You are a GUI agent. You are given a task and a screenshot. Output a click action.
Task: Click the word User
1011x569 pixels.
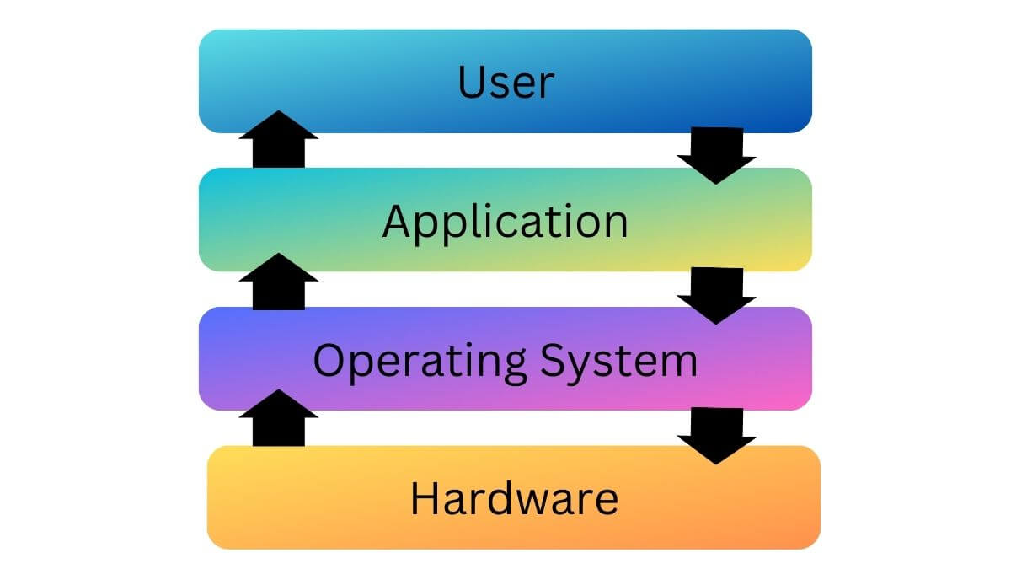tap(505, 83)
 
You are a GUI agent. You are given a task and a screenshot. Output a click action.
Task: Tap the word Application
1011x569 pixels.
tap(505, 222)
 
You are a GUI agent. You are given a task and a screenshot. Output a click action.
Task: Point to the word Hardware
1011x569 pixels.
tap(514, 498)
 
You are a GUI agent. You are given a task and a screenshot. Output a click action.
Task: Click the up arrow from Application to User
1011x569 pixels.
tap(279, 139)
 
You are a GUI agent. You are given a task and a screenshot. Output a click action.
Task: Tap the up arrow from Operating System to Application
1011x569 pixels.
tap(279, 281)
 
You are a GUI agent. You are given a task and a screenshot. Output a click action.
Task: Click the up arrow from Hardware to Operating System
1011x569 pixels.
tap(279, 418)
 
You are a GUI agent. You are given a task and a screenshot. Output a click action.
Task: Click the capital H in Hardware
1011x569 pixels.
tap(425, 498)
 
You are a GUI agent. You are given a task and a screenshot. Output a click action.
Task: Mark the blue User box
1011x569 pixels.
tap(354, 83)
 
